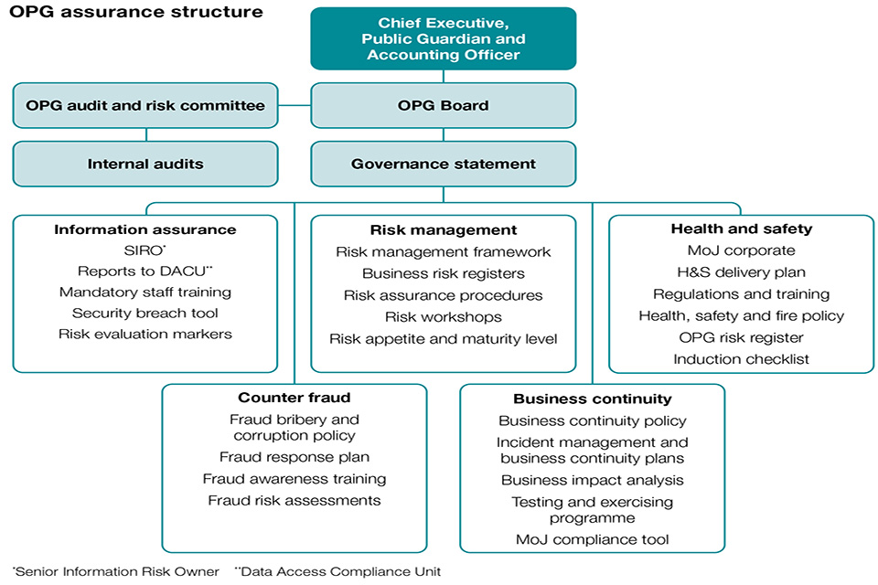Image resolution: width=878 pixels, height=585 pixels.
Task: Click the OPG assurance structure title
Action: (136, 13)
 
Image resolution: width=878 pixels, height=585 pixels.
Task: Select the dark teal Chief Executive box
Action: (444, 38)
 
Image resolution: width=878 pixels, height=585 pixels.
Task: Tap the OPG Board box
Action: (444, 105)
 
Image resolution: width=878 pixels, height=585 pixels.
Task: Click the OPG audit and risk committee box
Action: (145, 105)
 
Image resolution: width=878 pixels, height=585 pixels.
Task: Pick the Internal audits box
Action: (145, 164)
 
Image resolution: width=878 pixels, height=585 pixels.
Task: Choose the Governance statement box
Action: (444, 164)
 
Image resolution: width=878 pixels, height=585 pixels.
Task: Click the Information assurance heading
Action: (145, 229)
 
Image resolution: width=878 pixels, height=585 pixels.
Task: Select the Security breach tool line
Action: (145, 313)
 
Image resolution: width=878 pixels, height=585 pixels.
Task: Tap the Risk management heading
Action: (444, 229)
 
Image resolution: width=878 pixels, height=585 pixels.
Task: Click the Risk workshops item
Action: (444, 317)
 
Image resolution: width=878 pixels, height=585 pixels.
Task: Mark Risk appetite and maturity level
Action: (444, 339)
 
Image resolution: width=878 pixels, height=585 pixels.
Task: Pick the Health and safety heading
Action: (741, 229)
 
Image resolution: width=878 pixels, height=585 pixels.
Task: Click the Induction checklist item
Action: (741, 359)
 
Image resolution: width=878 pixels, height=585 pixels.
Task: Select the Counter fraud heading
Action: (294, 398)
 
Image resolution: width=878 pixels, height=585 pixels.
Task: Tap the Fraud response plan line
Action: (294, 457)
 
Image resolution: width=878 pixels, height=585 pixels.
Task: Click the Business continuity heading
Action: (593, 399)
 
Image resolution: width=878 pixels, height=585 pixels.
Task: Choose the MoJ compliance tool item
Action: (593, 539)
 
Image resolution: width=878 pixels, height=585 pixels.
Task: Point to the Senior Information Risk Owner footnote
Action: (117, 572)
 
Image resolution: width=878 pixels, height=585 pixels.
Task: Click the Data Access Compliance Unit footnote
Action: (338, 572)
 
